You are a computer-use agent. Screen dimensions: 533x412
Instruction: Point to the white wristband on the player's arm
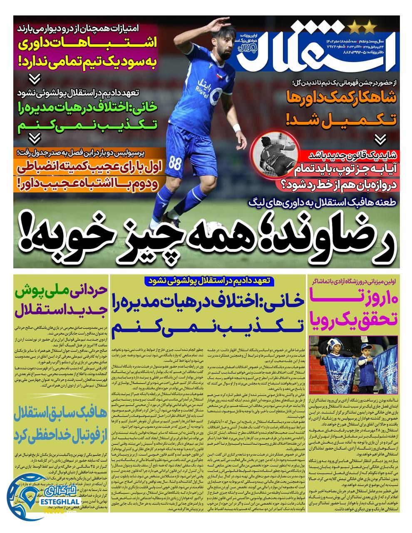pos(238,127)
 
